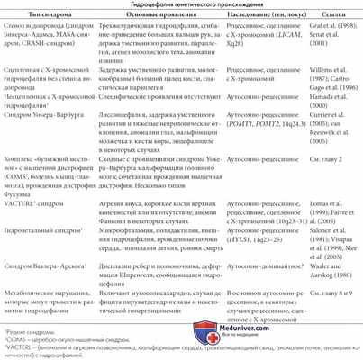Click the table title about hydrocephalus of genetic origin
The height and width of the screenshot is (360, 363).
[x=181, y=5]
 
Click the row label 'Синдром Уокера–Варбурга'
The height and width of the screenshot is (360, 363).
[x=51, y=115]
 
